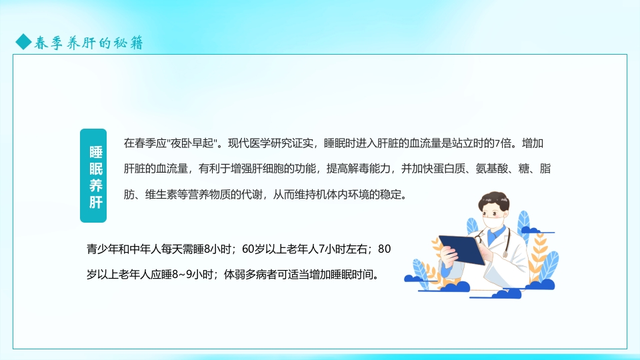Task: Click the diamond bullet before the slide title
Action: click(23, 43)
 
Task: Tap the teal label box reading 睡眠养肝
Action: click(93, 176)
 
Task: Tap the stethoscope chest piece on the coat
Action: click(505, 255)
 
